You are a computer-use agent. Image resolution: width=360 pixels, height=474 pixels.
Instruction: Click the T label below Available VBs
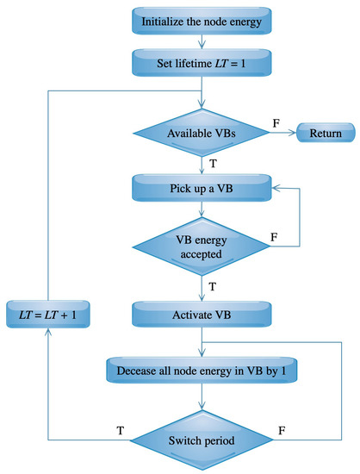[211, 162]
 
